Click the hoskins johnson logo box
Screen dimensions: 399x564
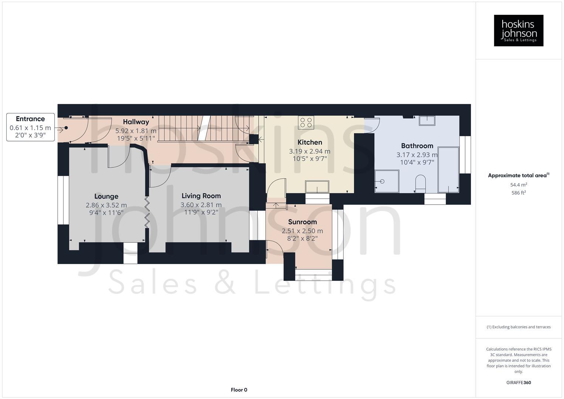pos(518,30)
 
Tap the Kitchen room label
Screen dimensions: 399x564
pos(310,142)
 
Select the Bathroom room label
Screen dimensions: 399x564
pos(417,146)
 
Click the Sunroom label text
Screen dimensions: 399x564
pos(302,222)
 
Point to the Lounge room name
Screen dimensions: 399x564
pos(106,196)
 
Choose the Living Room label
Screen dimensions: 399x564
pos(201,196)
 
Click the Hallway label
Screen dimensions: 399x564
pos(136,122)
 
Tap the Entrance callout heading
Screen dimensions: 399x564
pos(30,119)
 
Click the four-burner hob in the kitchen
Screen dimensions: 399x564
pos(306,122)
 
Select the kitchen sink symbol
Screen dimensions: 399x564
pos(317,187)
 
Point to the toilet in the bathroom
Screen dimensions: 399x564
pos(420,183)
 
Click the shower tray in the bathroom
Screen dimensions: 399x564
pos(387,181)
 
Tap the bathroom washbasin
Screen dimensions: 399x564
pos(427,120)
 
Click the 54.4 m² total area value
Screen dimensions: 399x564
pos(518,185)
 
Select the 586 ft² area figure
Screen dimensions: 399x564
pos(518,192)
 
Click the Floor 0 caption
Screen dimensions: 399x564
pos(239,390)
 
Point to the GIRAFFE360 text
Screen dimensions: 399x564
pos(518,382)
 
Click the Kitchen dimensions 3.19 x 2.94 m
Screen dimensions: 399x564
pos(310,151)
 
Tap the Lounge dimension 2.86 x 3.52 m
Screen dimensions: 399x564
pos(106,205)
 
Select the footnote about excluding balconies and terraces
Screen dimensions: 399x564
pos(518,327)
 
